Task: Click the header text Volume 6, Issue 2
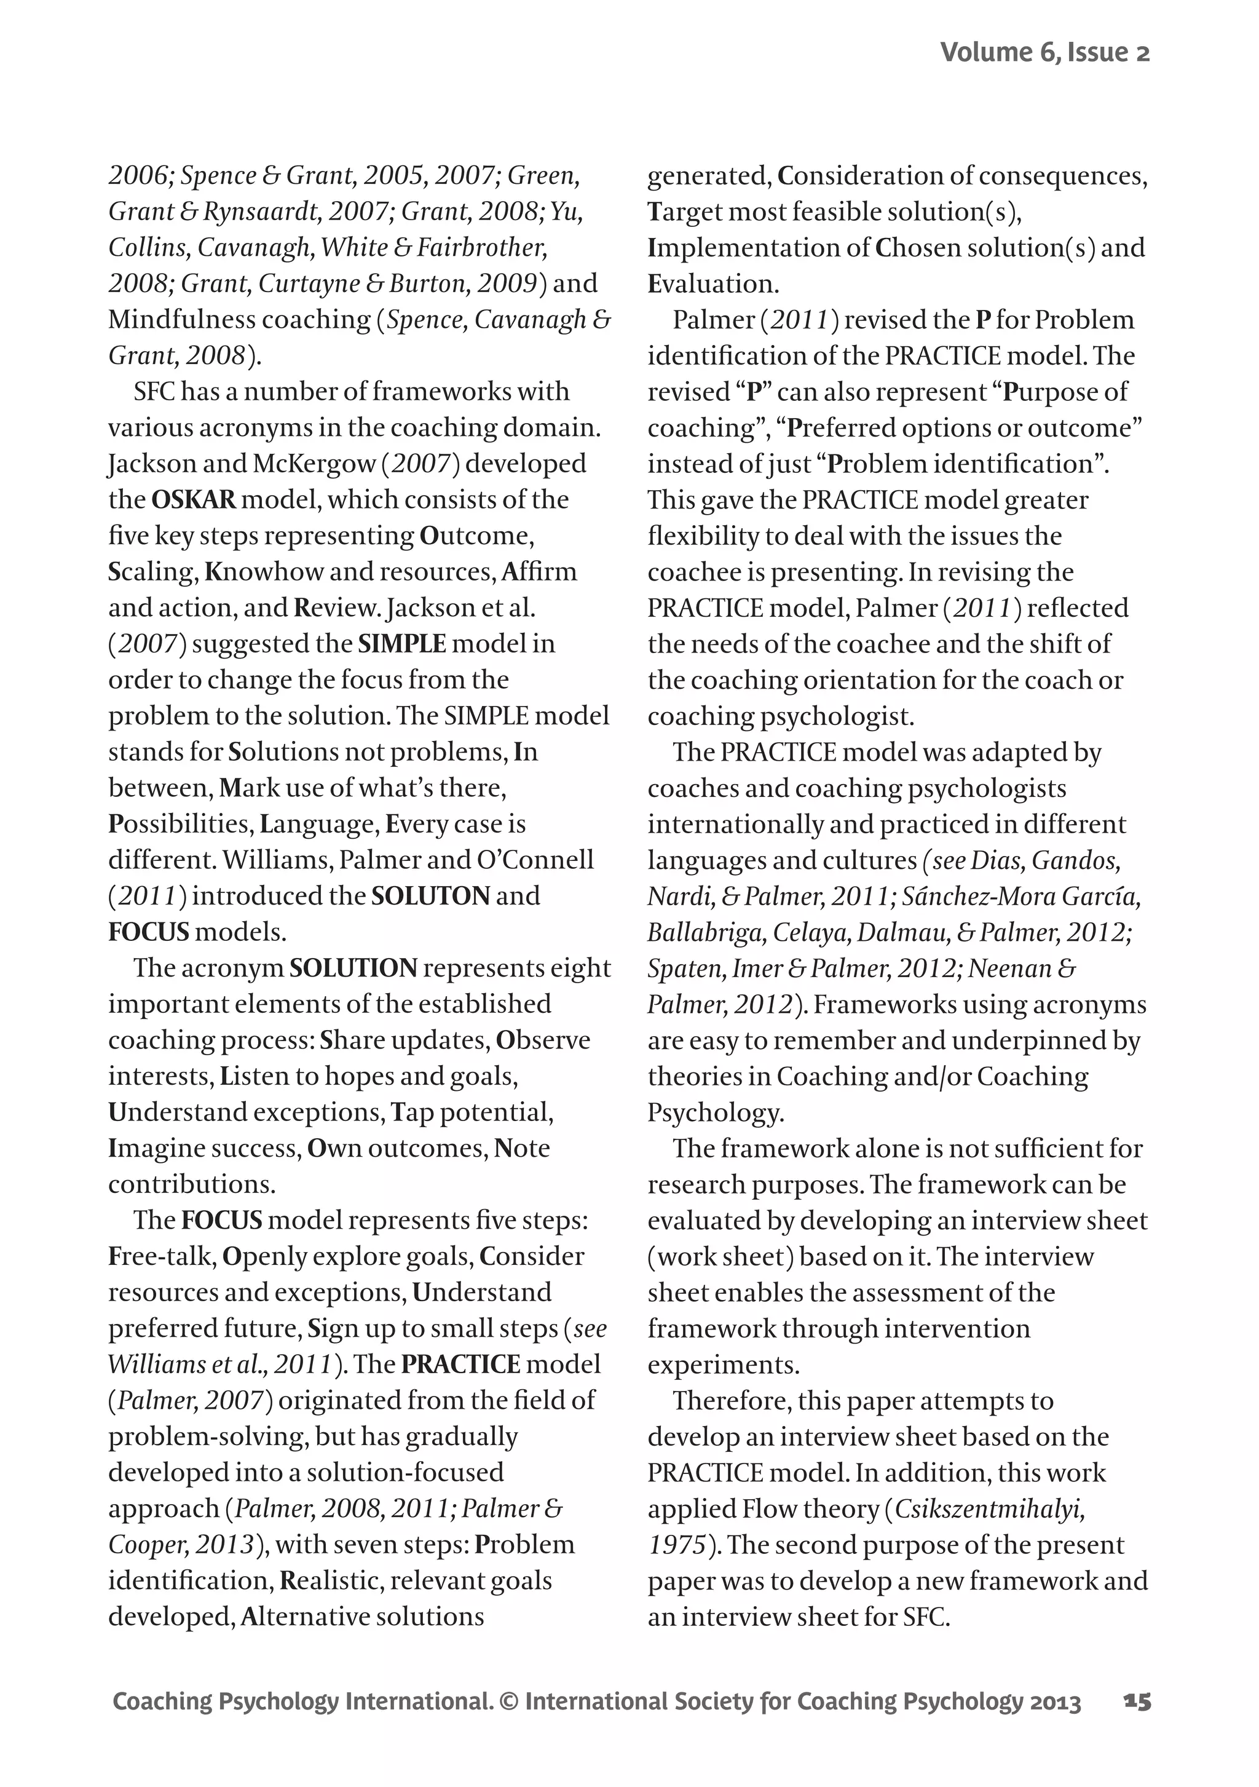[x=1044, y=52]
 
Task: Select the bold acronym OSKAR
[x=193, y=499]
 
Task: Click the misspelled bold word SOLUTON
[x=430, y=895]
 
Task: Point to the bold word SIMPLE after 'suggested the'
[x=401, y=644]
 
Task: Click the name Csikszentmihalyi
[x=990, y=1508]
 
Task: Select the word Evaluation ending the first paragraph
[x=712, y=283]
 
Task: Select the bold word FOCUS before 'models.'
[x=149, y=932]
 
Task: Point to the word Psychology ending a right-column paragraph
[x=714, y=1112]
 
